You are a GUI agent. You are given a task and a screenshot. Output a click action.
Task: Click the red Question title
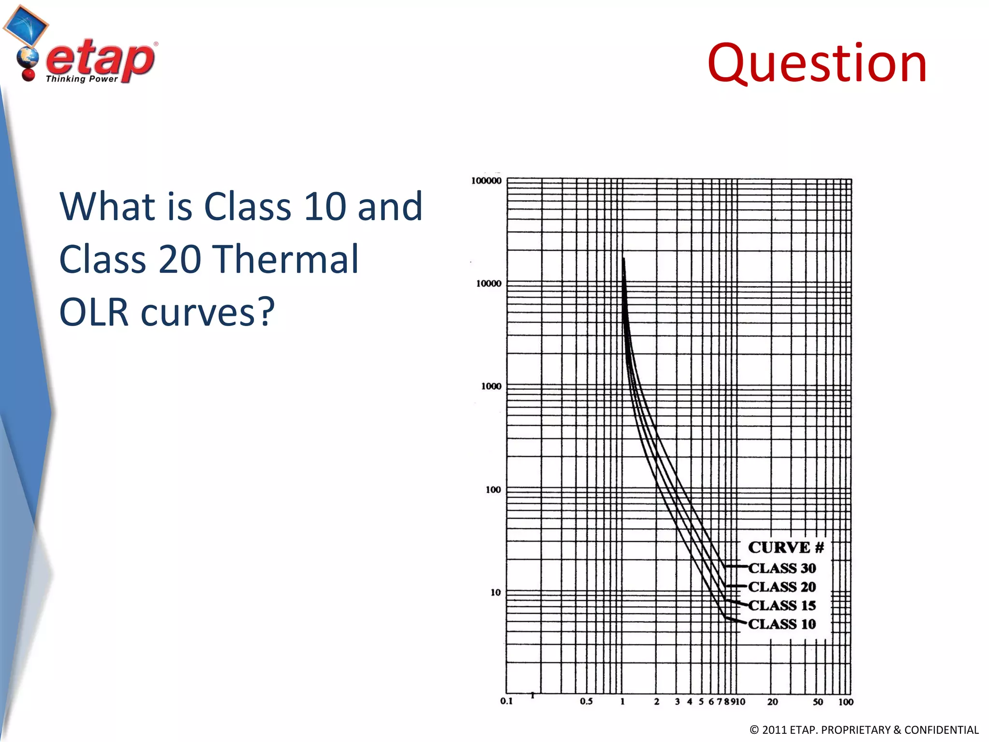(x=817, y=64)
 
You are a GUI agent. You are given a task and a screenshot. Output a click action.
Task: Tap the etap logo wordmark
(x=100, y=60)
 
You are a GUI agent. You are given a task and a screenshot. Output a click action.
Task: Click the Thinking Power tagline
(x=82, y=79)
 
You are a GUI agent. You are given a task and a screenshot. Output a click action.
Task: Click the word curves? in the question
(x=208, y=313)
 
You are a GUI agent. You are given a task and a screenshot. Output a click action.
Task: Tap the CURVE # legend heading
(x=786, y=547)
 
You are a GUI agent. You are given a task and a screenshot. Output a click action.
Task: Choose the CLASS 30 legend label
(x=782, y=568)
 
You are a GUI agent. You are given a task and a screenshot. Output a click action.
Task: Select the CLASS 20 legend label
(x=782, y=587)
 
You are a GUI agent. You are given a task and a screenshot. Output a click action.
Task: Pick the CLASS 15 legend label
(x=782, y=605)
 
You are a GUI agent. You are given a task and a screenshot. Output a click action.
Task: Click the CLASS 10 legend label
(x=782, y=624)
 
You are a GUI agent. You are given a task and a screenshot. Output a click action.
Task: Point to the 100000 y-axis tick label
(x=486, y=181)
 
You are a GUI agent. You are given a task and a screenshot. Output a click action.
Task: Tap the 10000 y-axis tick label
(x=489, y=284)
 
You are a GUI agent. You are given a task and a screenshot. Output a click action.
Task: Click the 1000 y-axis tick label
(x=491, y=386)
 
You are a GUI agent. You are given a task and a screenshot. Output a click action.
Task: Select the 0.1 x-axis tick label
(x=506, y=701)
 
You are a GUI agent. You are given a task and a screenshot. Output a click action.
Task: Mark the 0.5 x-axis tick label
(x=586, y=701)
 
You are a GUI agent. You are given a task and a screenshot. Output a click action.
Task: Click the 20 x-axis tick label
(x=772, y=702)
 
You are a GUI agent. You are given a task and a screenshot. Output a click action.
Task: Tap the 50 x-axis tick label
(x=818, y=702)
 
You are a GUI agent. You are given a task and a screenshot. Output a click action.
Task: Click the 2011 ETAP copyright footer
(x=864, y=730)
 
